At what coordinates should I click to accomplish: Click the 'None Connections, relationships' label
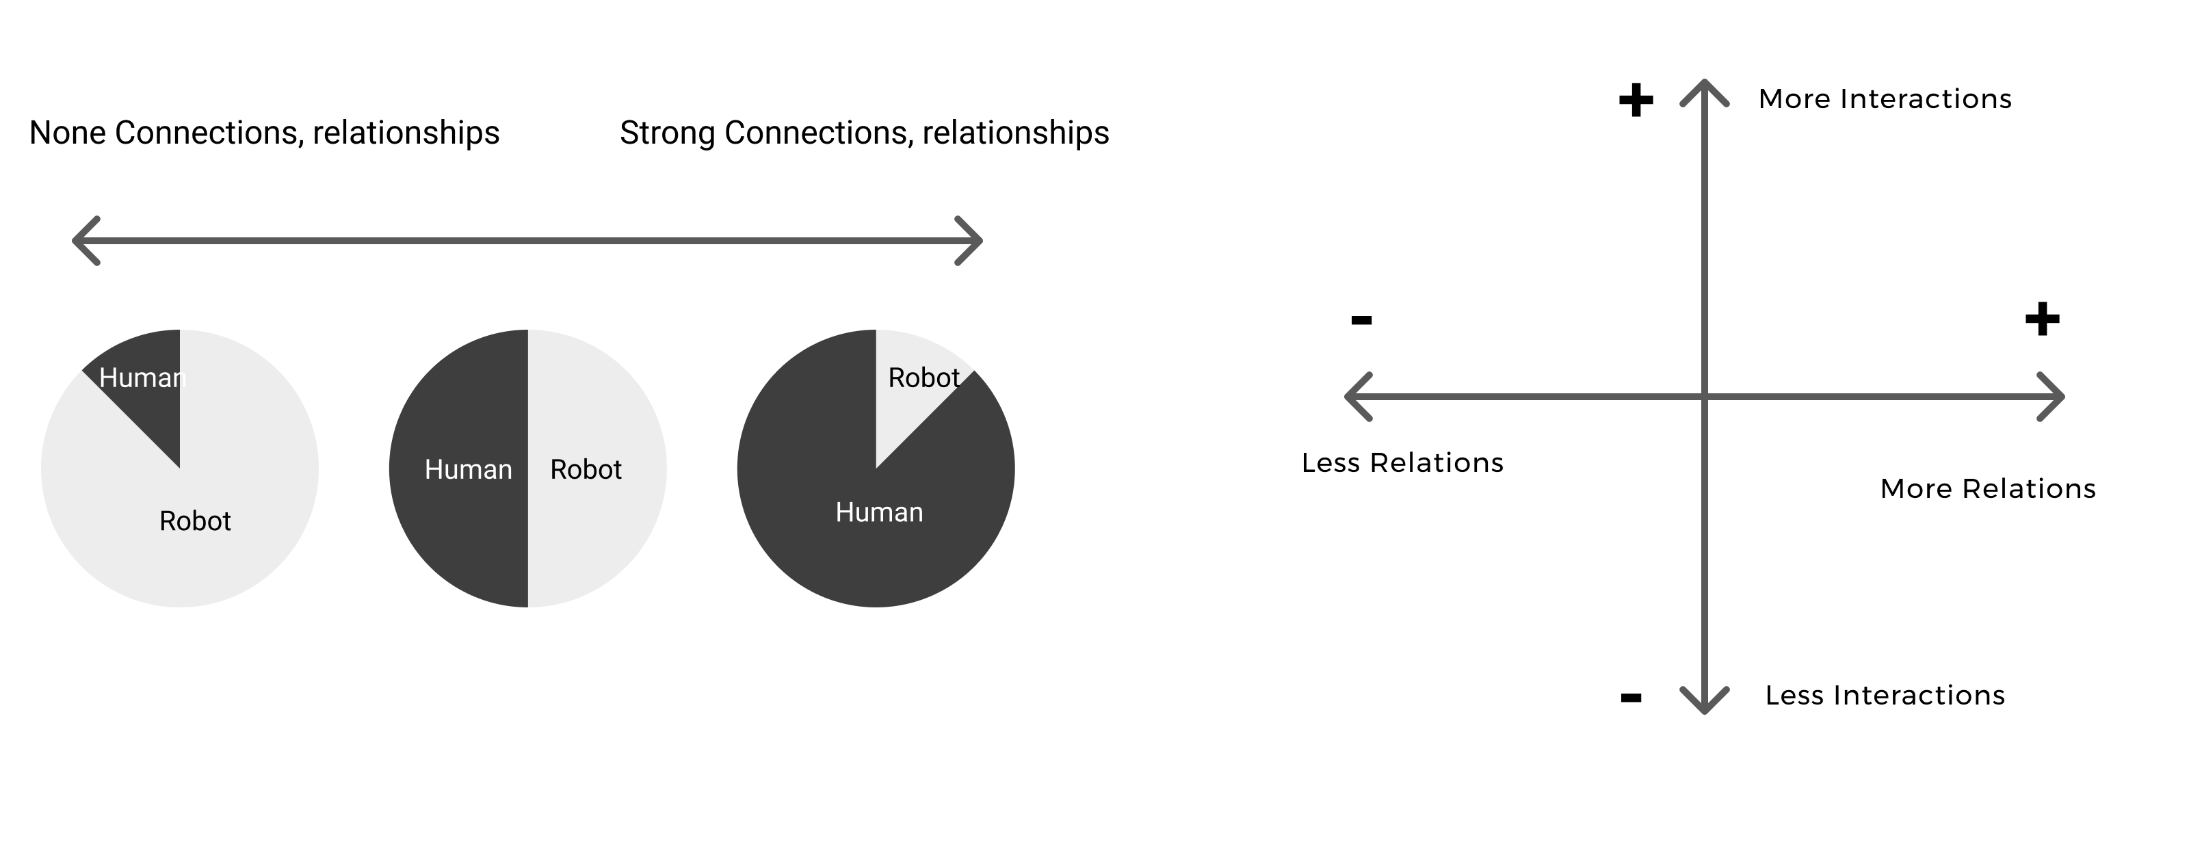(264, 133)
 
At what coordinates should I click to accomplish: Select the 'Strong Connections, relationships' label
(864, 133)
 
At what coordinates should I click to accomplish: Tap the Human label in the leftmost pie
(142, 378)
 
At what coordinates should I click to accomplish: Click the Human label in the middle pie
(468, 469)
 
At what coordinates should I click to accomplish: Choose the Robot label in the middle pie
(586, 469)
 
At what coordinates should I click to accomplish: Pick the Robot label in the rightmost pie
(923, 378)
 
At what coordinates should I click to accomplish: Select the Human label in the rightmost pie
(878, 512)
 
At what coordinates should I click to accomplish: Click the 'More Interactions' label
(1885, 98)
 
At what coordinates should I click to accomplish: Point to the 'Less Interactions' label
(1885, 695)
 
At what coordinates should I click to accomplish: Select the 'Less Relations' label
(1402, 462)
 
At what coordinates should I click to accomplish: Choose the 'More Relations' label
(1988, 488)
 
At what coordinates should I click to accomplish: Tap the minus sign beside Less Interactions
(1631, 698)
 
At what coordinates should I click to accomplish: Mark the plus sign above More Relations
(2042, 319)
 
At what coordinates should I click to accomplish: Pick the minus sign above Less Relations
(1361, 319)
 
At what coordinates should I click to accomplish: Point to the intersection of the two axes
(1705, 397)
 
